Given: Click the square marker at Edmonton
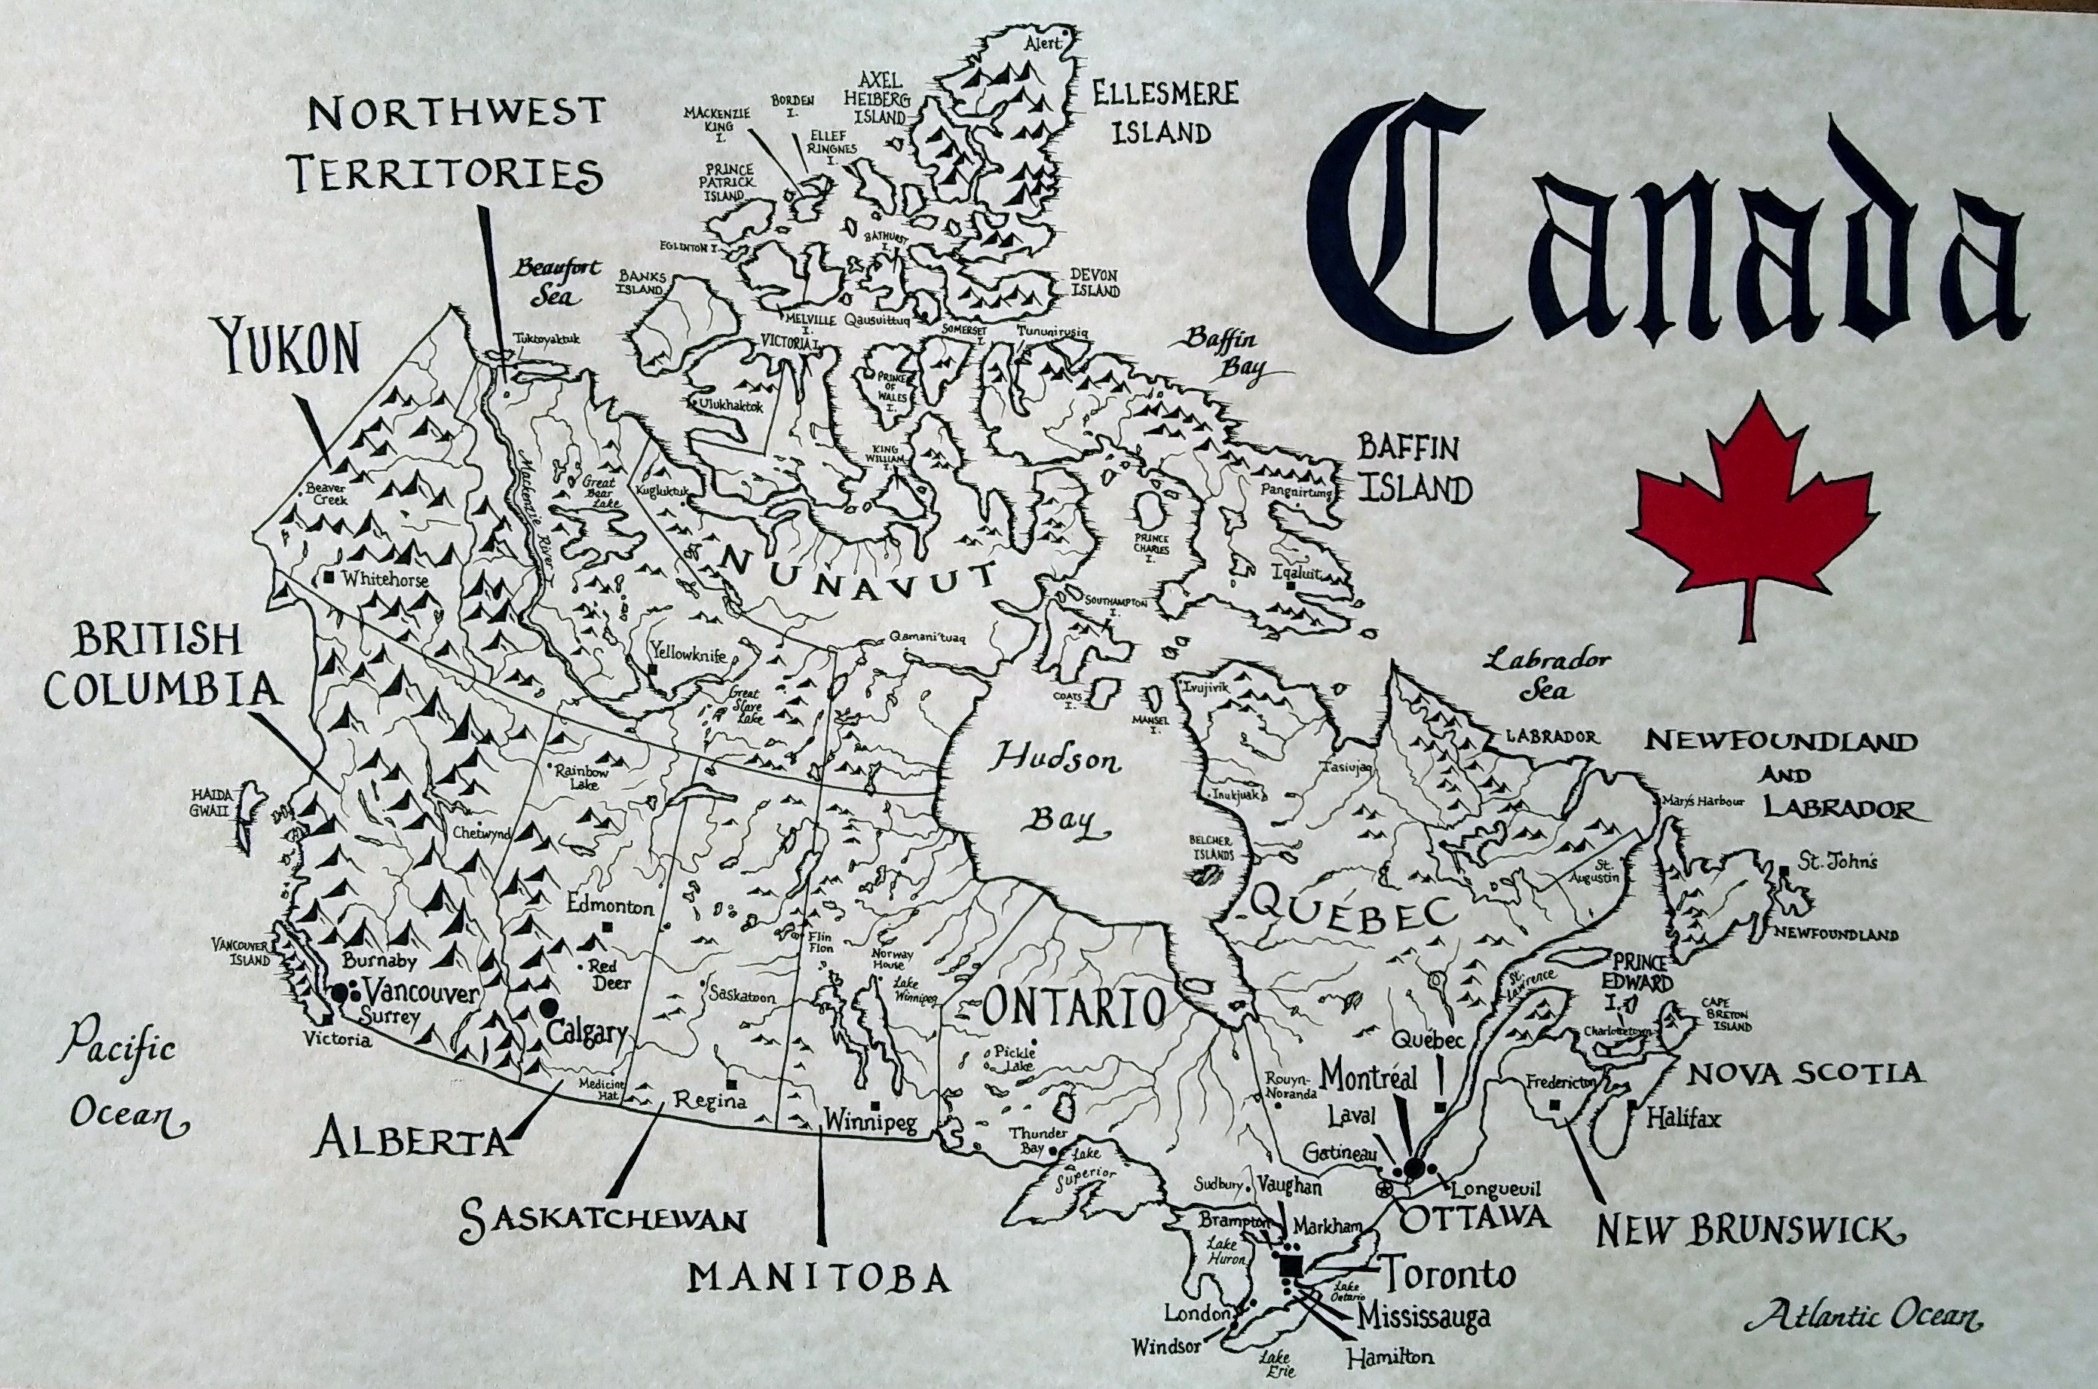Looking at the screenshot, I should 608,926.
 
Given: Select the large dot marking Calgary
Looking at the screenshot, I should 550,1006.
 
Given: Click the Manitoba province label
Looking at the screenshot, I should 819,1278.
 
